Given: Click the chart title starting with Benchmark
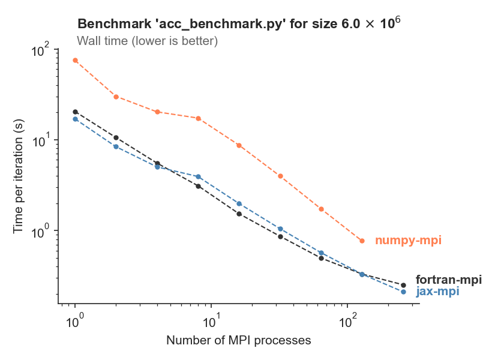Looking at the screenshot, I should (x=238, y=25).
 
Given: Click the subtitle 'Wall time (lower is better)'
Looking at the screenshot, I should (x=147, y=41).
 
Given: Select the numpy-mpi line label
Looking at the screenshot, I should (x=408, y=241).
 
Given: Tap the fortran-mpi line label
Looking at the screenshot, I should (x=448, y=280).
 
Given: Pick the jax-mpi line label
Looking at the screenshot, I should (x=437, y=292).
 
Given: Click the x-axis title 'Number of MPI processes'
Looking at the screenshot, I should (x=238, y=341).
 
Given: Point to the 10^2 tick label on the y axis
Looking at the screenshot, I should (x=41, y=50).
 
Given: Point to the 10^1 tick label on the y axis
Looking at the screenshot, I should (x=41, y=141).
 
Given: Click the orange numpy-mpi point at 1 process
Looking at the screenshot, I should (x=75, y=61).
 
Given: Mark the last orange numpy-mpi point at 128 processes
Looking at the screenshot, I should (x=362, y=241).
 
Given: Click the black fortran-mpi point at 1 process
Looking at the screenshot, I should (x=75, y=112).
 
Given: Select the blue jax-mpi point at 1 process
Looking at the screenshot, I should (x=75, y=119).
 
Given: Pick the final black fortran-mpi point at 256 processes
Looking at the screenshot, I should (x=403, y=285).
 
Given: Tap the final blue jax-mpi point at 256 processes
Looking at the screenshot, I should (x=403, y=292).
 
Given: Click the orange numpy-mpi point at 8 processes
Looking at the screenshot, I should (x=198, y=118).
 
